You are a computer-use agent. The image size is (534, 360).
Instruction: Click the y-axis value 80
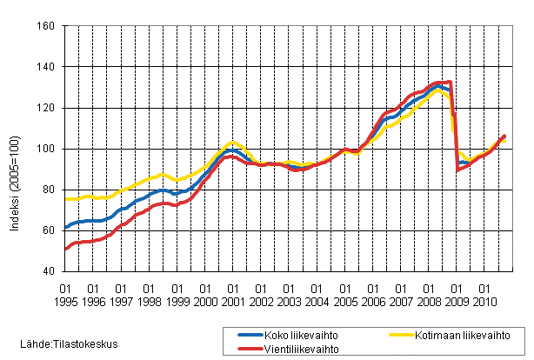coord(49,190)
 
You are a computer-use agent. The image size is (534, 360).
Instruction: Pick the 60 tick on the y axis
coord(49,230)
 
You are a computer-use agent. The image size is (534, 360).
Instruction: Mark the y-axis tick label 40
coord(49,271)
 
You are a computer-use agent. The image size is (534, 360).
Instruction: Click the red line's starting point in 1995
coord(66,249)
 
